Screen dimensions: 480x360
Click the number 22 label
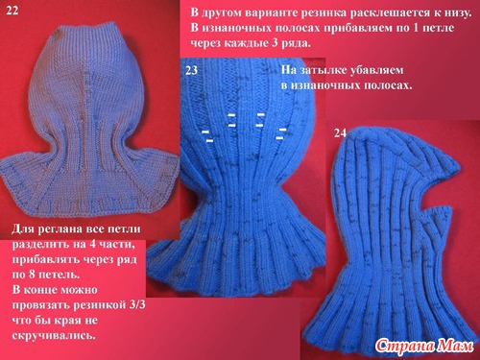pyautogui.click(x=12, y=11)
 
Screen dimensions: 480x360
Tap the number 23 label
pyautogui.click(x=191, y=70)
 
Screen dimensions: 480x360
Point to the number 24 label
pyautogui.click(x=340, y=132)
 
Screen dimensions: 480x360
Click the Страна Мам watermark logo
pyautogui.click(x=424, y=346)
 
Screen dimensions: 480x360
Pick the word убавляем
pyautogui.click(x=376, y=70)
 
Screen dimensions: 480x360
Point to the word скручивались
pyautogui.click(x=54, y=335)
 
